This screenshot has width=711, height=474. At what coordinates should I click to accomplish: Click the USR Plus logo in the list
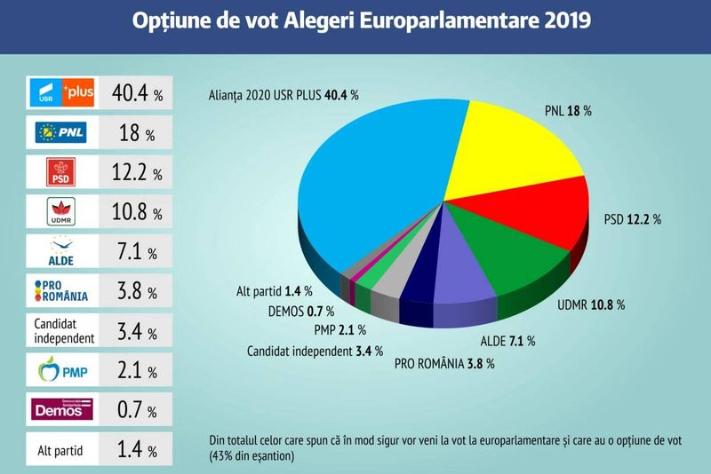[61, 92]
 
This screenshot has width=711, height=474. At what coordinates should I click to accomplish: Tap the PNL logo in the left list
[61, 133]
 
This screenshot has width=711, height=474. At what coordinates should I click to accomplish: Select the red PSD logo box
[61, 173]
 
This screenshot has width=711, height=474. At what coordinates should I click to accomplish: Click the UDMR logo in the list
[61, 213]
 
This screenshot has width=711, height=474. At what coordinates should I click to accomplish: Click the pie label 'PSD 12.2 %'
[633, 219]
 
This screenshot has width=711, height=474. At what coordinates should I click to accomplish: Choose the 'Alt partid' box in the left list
[61, 450]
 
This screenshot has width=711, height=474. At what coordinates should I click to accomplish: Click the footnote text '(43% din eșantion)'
[249, 456]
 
